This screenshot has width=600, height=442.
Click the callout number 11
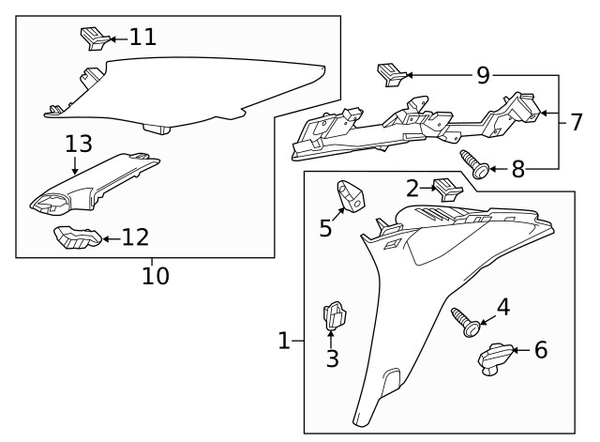(142, 38)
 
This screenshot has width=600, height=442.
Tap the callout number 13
(80, 145)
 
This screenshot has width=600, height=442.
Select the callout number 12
(135, 237)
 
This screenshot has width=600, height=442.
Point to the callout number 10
(156, 276)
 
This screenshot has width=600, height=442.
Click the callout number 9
(483, 75)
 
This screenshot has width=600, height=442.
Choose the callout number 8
(518, 170)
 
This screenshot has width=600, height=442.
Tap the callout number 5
(326, 227)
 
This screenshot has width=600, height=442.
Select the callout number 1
(285, 342)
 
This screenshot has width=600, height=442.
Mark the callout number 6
(540, 351)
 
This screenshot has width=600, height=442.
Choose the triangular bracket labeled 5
(352, 196)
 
